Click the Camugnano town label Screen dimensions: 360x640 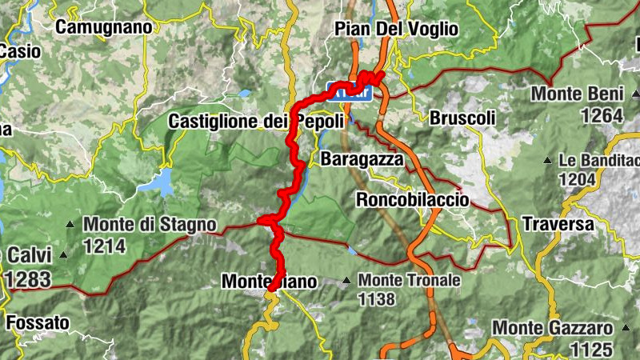coord(104,26)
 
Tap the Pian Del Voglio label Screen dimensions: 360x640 coord(397,29)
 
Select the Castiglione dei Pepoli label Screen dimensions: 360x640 coord(256,122)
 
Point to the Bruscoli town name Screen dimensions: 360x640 coord(463,118)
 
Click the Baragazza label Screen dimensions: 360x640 coord(362,159)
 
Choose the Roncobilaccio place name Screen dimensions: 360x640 coord(413,199)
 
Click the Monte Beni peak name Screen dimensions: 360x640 coord(578,94)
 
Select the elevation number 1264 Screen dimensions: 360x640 coord(602,116)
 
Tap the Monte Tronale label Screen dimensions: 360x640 coord(410,281)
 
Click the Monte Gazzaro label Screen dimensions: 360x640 coord(552,328)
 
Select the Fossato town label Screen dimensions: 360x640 coord(38,323)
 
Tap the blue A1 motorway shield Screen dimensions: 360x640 coord(349,92)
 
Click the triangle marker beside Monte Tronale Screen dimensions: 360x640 coord(346,281)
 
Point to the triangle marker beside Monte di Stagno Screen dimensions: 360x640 coord(71,225)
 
